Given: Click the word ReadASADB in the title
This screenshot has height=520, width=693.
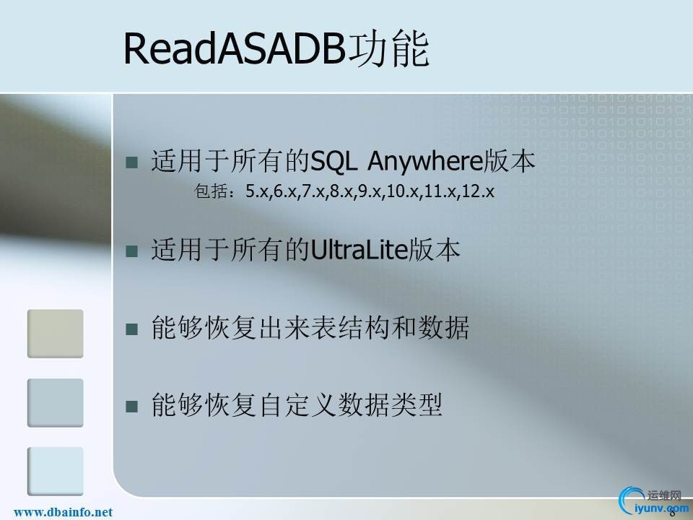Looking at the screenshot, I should [x=235, y=49].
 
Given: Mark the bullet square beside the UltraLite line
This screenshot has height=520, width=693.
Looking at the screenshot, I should [x=131, y=252].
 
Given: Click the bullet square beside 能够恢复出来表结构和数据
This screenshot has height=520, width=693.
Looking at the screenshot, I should [x=131, y=329].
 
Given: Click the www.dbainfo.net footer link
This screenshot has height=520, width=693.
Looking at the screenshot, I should [x=64, y=512].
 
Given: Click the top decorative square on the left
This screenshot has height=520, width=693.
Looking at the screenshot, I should [x=56, y=333].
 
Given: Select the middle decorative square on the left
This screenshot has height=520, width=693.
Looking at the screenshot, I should [x=56, y=402].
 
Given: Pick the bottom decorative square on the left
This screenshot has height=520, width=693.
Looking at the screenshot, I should [x=56, y=471].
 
